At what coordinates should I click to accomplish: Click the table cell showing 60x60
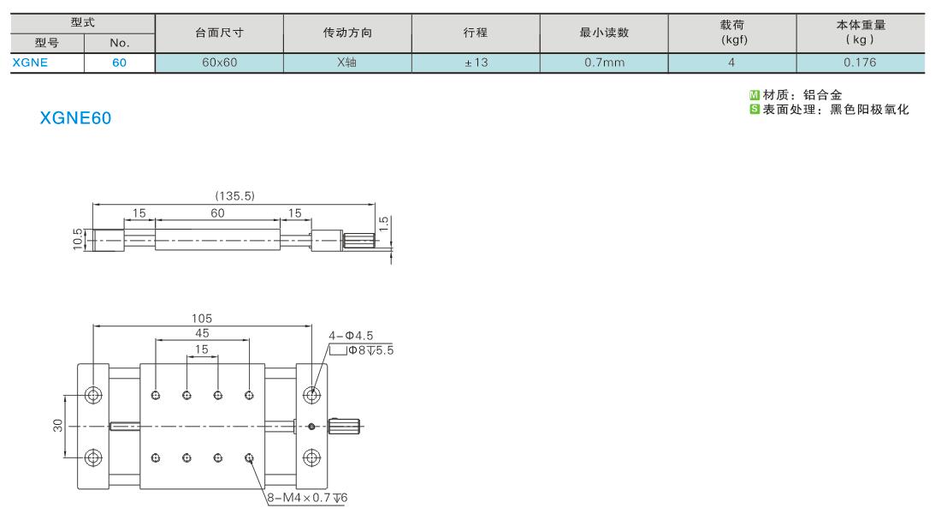(219, 63)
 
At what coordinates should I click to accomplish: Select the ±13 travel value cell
(476, 63)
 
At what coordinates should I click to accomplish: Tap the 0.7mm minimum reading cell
(604, 63)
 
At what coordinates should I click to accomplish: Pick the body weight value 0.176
(860, 63)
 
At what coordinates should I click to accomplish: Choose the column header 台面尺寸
(219, 33)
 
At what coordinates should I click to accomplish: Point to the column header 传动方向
(347, 33)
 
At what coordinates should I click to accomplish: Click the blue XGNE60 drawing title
(75, 118)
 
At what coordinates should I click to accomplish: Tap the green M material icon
(755, 95)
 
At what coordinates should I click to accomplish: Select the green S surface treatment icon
(755, 109)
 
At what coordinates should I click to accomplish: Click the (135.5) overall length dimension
(234, 196)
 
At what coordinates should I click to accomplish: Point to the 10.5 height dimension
(78, 239)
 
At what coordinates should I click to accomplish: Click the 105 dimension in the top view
(202, 319)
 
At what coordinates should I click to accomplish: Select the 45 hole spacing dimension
(202, 333)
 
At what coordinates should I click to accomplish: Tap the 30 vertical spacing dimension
(57, 426)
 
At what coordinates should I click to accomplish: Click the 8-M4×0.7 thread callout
(307, 498)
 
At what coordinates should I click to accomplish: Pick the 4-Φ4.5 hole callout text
(351, 336)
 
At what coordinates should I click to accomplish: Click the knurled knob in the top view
(344, 427)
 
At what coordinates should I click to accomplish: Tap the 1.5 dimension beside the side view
(384, 224)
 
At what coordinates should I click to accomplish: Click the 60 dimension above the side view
(217, 213)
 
